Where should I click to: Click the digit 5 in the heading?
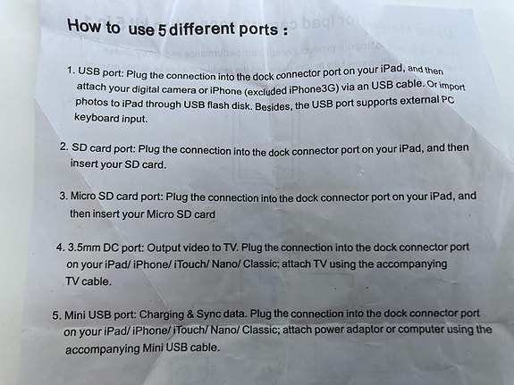(162, 30)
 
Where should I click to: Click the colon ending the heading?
(285, 31)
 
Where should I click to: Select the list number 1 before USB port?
(71, 71)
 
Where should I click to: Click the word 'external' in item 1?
(418, 100)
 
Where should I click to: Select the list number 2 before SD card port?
(64, 146)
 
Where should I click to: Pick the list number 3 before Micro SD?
(63, 196)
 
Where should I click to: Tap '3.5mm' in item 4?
(84, 247)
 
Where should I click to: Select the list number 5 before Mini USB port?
(56, 315)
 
